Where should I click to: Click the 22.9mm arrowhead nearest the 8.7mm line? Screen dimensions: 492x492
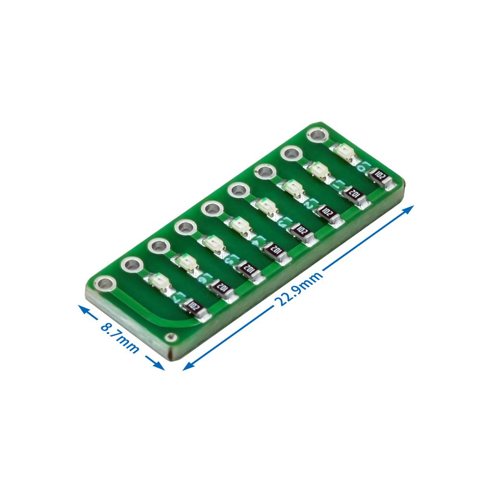187,368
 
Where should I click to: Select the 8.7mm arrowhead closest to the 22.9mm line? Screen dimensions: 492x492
160,367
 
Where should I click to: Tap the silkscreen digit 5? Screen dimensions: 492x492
231,259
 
